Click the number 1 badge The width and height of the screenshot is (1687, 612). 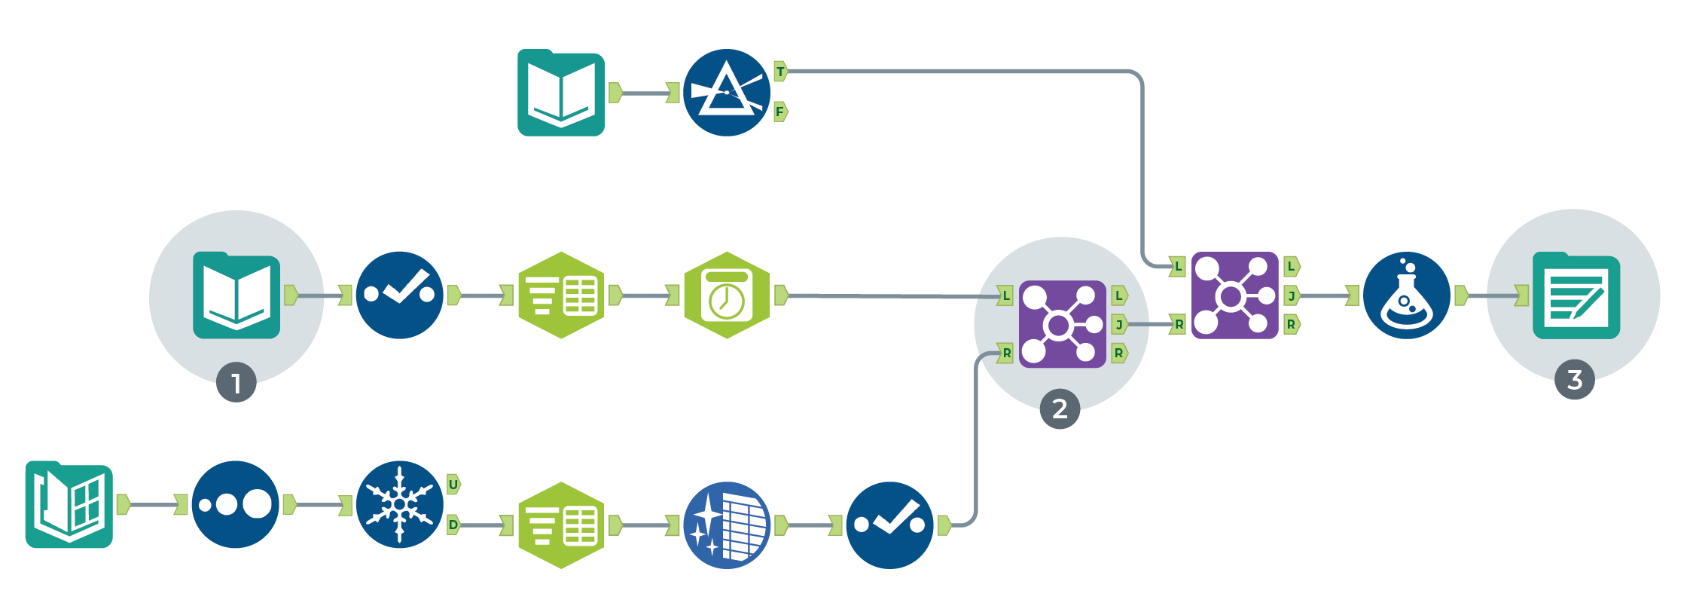[x=236, y=383]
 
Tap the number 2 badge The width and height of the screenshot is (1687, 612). [x=1060, y=409]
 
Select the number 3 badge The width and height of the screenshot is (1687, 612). [x=1574, y=380]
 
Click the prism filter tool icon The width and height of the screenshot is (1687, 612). [x=727, y=93]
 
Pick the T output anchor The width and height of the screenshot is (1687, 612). [x=780, y=72]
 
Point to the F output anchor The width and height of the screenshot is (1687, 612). [x=780, y=112]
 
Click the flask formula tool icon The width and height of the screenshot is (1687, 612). [x=1406, y=295]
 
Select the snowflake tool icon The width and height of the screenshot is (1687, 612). [x=399, y=504]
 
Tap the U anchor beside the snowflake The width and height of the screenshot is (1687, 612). [x=453, y=485]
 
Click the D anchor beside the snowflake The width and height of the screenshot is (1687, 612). [x=453, y=525]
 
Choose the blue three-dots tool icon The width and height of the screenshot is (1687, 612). [x=235, y=504]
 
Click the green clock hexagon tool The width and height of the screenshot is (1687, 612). [x=727, y=295]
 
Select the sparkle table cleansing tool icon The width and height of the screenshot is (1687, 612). [x=727, y=525]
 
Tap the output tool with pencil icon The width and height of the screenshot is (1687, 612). [x=1576, y=295]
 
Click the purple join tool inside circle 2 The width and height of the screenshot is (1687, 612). [x=1062, y=325]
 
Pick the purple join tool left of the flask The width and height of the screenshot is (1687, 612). [x=1234, y=295]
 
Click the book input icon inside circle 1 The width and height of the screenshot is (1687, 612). [x=236, y=295]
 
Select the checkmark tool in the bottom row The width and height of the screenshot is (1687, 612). [x=889, y=525]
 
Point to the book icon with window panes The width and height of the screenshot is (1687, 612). [x=69, y=504]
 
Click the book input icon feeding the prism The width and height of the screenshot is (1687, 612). [x=561, y=93]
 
